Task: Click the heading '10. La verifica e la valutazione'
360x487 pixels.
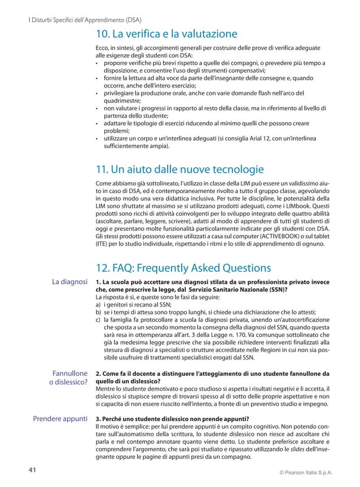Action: [x=166, y=34]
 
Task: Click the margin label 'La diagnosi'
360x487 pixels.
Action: [x=70, y=282]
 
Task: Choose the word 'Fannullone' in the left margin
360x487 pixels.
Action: [x=69, y=374]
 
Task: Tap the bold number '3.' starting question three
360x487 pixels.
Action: [x=99, y=419]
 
